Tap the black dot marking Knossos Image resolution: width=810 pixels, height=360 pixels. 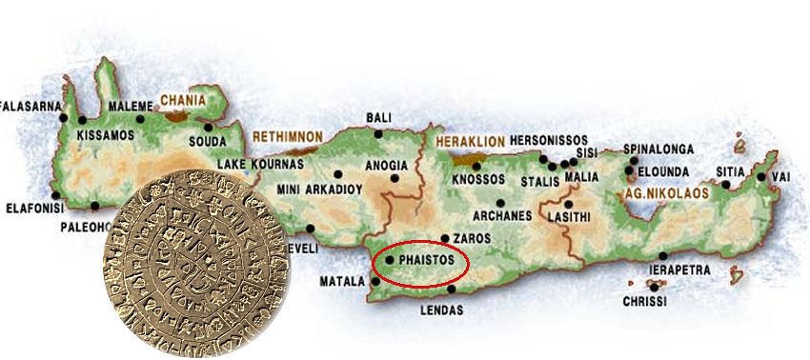click(x=476, y=167)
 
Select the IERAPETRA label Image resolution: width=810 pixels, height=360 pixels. click(x=678, y=270)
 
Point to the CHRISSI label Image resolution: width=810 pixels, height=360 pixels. click(x=644, y=301)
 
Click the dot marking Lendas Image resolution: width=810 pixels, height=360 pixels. click(x=452, y=290)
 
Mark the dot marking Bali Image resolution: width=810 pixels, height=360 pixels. click(x=378, y=134)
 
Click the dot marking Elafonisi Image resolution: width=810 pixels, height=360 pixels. click(x=96, y=207)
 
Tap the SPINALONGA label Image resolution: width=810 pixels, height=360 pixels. click(x=658, y=150)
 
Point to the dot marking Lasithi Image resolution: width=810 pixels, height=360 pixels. click(x=568, y=203)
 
